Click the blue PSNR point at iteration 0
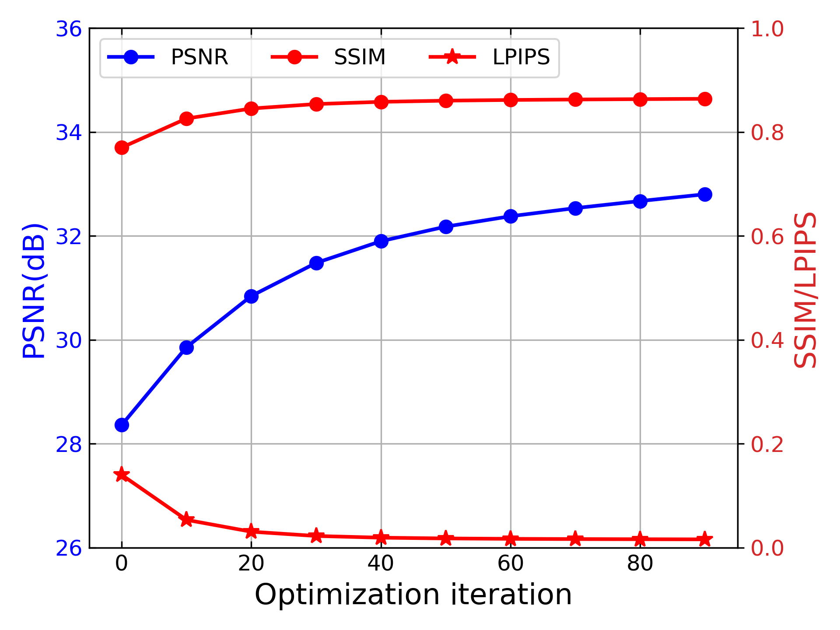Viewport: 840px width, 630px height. click(x=122, y=425)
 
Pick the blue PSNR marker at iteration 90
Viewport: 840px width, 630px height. click(x=705, y=194)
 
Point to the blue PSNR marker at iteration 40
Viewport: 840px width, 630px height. click(x=381, y=241)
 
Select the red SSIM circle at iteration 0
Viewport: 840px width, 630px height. click(x=122, y=148)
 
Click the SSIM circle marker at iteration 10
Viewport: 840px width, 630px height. click(x=186, y=119)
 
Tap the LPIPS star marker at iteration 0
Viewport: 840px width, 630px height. click(x=122, y=475)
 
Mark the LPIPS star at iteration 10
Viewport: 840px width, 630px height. click(x=186, y=520)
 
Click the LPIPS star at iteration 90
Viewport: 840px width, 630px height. click(x=705, y=539)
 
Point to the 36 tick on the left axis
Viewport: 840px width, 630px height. click(x=69, y=29)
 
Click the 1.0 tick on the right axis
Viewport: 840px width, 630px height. click(x=767, y=29)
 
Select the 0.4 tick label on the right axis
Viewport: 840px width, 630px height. click(x=767, y=341)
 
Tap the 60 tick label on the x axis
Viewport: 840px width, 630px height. click(x=510, y=564)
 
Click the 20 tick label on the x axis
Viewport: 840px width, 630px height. click(x=251, y=564)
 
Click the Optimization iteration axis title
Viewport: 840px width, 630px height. click(x=413, y=595)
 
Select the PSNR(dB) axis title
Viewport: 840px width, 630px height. click(x=34, y=290)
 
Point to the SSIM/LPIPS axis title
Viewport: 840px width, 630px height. click(x=805, y=290)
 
